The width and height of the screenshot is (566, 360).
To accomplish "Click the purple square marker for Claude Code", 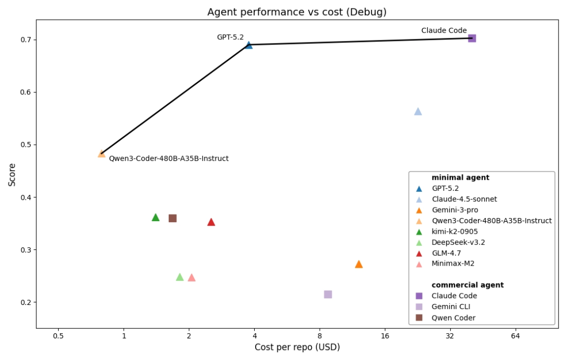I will point(472,38).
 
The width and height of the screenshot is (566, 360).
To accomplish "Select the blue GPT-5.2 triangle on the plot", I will point(248,46).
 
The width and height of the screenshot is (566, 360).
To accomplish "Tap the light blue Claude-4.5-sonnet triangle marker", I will point(418,112).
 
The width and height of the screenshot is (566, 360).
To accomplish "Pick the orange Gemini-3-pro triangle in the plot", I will point(358,264).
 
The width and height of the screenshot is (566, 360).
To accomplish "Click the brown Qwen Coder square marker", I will point(172,218).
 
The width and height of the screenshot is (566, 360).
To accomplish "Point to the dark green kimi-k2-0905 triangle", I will point(155,217).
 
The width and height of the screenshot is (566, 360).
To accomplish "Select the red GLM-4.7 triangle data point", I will point(211,222).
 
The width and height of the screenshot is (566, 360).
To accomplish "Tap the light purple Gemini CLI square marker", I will point(328,294).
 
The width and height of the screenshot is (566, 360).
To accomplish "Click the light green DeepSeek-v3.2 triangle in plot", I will point(180,277).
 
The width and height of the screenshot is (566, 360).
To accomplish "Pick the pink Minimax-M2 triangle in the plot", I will point(191,278).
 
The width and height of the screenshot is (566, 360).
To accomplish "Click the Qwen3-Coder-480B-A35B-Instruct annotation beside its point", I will point(169,159).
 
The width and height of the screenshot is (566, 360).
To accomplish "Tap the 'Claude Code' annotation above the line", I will point(444,31).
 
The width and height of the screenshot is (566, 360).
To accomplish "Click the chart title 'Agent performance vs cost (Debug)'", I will point(297,12).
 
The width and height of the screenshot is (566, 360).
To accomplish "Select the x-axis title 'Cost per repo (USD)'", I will point(297,347).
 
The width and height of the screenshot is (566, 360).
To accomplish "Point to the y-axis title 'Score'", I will point(12,174).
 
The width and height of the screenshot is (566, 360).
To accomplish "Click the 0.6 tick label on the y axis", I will point(24,92).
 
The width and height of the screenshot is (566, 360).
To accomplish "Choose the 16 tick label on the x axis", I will point(385,336).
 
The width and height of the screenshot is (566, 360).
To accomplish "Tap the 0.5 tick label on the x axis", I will point(58,336).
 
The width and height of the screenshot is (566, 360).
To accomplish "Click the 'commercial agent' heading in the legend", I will point(467,285).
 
